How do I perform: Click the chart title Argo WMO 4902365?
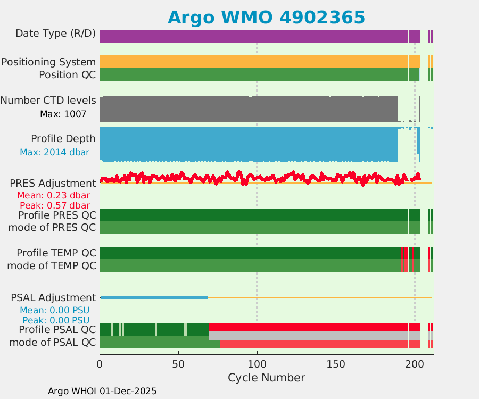click(266, 17)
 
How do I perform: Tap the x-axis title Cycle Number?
click(266, 378)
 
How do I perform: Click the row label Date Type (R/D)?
click(55, 34)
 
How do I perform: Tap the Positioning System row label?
click(48, 62)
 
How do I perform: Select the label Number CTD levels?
click(48, 100)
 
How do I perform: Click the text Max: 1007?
click(63, 114)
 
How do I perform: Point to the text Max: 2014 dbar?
click(54, 153)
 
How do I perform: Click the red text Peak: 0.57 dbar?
click(54, 205)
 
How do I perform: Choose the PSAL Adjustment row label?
click(53, 297)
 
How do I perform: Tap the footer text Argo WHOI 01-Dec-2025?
click(102, 391)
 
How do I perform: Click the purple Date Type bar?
click(253, 36)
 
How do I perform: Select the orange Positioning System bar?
click(253, 62)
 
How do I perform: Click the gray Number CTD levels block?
click(249, 109)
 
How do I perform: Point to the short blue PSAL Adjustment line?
click(154, 297)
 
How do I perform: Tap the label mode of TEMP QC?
click(52, 265)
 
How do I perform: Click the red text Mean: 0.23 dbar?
click(54, 195)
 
